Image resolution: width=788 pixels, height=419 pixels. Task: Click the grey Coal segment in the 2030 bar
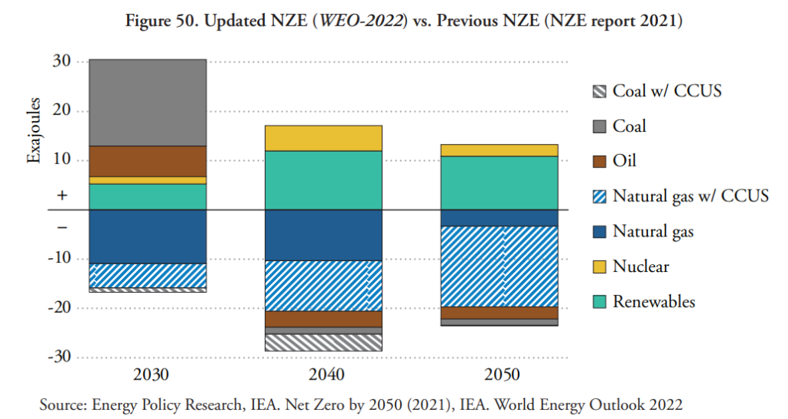148,102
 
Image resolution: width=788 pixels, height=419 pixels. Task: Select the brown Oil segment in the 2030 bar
148,161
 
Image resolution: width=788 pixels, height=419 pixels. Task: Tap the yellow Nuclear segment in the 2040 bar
323,138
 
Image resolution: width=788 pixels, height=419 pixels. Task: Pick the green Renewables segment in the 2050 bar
499,183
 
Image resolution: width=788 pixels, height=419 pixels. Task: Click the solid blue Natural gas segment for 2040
323,235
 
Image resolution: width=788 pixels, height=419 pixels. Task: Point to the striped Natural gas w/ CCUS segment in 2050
499,266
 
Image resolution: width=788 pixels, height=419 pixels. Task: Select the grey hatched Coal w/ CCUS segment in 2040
323,343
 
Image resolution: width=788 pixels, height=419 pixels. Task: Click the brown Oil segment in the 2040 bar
323,319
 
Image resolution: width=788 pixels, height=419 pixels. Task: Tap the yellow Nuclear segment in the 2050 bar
499,150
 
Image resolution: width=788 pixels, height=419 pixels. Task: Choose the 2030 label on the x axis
148,375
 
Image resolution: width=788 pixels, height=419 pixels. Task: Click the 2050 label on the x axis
499,375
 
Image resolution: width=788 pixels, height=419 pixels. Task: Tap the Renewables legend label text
653,301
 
